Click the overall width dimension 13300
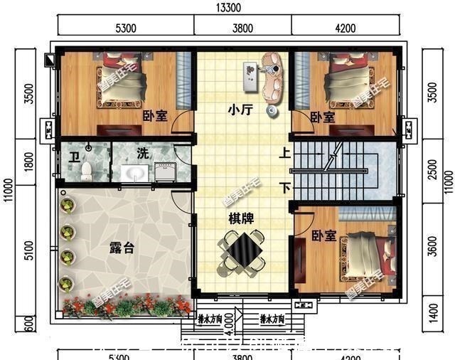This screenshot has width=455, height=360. pyautogui.click(x=227, y=8)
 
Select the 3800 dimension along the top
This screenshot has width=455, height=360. pyautogui.click(x=242, y=28)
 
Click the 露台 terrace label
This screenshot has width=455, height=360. pyautogui.click(x=120, y=248)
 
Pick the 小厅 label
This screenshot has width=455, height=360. pyautogui.click(x=238, y=110)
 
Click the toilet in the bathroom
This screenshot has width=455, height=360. pyautogui.click(x=87, y=170)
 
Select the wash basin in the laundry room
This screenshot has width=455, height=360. pyautogui.click(x=134, y=173)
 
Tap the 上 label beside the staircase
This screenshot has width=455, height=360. pyautogui.click(x=284, y=153)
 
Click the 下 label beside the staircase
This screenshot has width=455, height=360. pyautogui.click(x=284, y=188)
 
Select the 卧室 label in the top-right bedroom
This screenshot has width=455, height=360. pyautogui.click(x=323, y=117)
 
